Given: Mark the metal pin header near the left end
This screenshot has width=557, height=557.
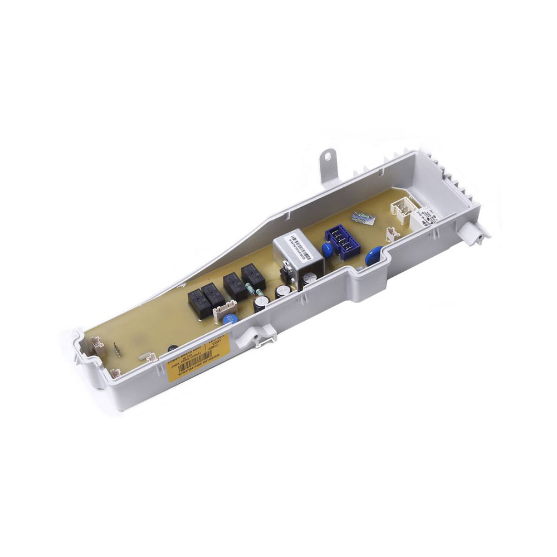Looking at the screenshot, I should coord(118,350).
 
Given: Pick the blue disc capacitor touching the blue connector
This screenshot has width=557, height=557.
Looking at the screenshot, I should coord(328,250).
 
